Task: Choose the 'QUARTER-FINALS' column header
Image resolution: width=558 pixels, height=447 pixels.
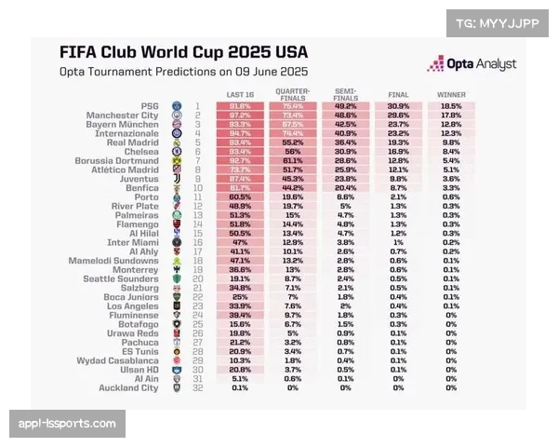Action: tap(293, 93)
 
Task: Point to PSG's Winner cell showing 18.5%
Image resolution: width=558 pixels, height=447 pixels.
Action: tap(451, 106)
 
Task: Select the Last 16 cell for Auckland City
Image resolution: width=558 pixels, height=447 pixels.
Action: tap(241, 386)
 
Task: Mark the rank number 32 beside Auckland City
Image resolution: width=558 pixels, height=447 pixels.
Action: tap(198, 386)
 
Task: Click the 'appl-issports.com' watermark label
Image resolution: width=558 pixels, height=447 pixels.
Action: tap(67, 424)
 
